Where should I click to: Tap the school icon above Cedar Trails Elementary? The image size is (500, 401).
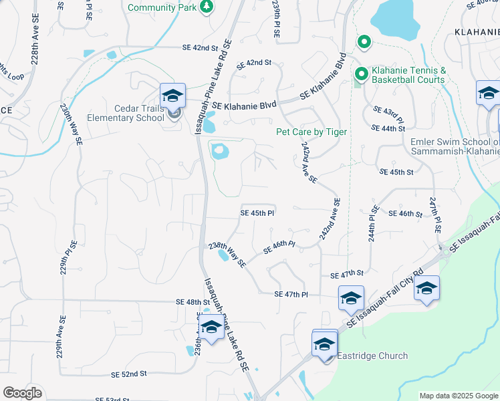(x=172, y=96)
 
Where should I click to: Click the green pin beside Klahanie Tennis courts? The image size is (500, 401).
(x=361, y=74)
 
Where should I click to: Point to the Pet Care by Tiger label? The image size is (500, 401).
(x=311, y=132)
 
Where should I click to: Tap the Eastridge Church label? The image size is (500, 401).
(x=372, y=356)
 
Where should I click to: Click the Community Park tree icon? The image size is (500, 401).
(x=207, y=6)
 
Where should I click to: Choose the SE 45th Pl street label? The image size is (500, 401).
(x=258, y=213)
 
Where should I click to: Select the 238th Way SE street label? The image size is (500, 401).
(x=228, y=254)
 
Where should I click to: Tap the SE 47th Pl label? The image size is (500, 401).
(x=291, y=294)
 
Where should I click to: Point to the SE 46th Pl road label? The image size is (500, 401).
(x=279, y=247)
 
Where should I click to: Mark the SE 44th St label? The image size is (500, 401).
(x=389, y=128)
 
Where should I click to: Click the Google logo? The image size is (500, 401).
(x=22, y=393)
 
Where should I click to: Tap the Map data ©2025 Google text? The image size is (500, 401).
(x=458, y=396)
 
